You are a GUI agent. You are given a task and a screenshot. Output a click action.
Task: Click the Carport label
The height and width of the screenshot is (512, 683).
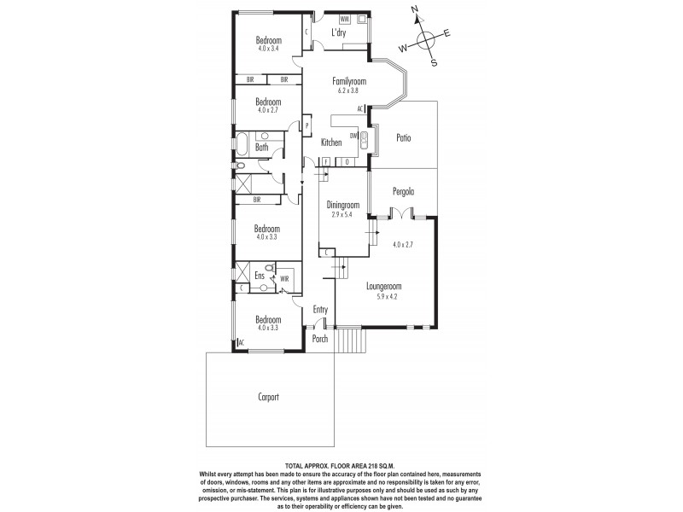268,397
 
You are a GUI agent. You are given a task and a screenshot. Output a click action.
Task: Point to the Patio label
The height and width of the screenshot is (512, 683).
406,137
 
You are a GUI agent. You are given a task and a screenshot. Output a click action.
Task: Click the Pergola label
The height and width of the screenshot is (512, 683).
402,192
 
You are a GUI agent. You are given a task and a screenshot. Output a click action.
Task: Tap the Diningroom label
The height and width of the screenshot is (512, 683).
345,205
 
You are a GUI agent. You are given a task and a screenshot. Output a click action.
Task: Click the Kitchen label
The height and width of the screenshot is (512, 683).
331,143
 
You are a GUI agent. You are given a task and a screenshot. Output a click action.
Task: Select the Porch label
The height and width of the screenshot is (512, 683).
319,339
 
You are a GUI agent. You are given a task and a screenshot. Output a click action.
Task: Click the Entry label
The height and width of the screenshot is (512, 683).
320,310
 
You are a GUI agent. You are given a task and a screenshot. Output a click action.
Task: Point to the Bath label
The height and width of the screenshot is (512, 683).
261,148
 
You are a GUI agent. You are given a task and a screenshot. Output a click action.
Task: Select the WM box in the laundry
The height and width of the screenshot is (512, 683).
345,18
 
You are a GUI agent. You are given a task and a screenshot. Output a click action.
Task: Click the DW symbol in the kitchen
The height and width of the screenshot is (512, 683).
353,136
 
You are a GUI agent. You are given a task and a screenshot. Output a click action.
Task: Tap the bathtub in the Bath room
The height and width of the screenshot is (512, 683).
242,143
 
